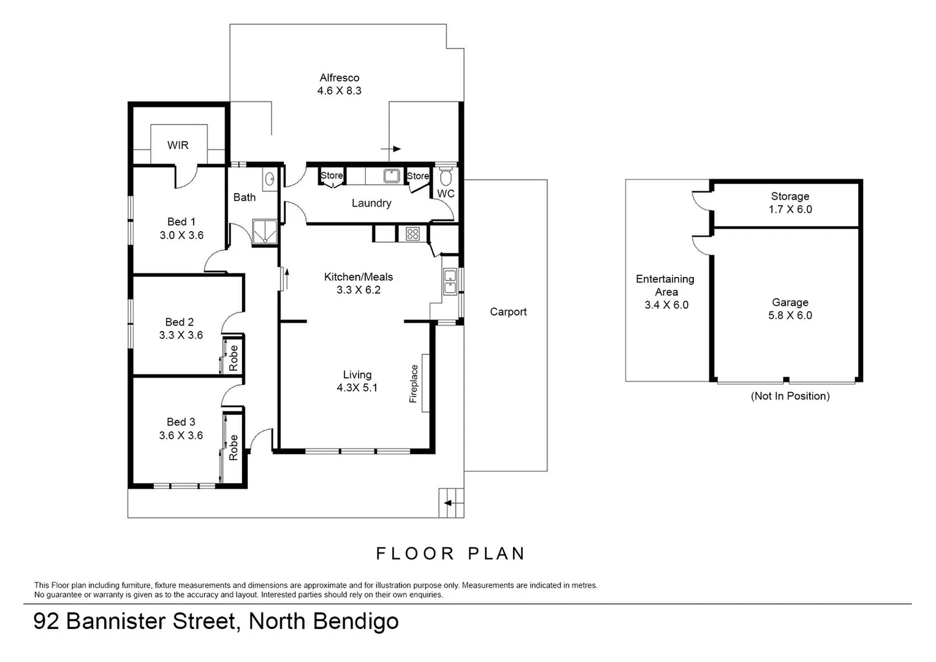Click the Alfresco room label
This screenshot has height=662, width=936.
[339, 78]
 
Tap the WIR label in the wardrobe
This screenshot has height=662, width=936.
[178, 145]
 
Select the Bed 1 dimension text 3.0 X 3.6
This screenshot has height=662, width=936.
[181, 235]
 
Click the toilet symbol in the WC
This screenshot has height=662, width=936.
[446, 177]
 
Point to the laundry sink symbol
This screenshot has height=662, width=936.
[391, 176]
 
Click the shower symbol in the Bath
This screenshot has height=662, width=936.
[265, 232]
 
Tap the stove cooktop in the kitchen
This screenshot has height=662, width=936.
[412, 234]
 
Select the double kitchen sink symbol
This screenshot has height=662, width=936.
[450, 282]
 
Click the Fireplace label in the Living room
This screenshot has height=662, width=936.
[414, 384]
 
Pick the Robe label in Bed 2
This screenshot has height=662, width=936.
[234, 358]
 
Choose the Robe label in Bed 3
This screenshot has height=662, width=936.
[234, 447]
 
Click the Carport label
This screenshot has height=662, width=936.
[508, 311]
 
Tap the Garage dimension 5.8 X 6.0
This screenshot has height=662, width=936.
[790, 315]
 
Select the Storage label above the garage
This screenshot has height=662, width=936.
[790, 196]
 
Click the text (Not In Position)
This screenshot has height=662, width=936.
[790, 396]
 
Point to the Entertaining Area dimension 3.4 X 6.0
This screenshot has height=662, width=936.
[666, 305]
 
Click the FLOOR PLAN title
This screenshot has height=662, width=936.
[451, 554]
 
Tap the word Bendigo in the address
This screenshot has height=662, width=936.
[356, 622]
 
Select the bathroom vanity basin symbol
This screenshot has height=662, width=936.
[270, 179]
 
